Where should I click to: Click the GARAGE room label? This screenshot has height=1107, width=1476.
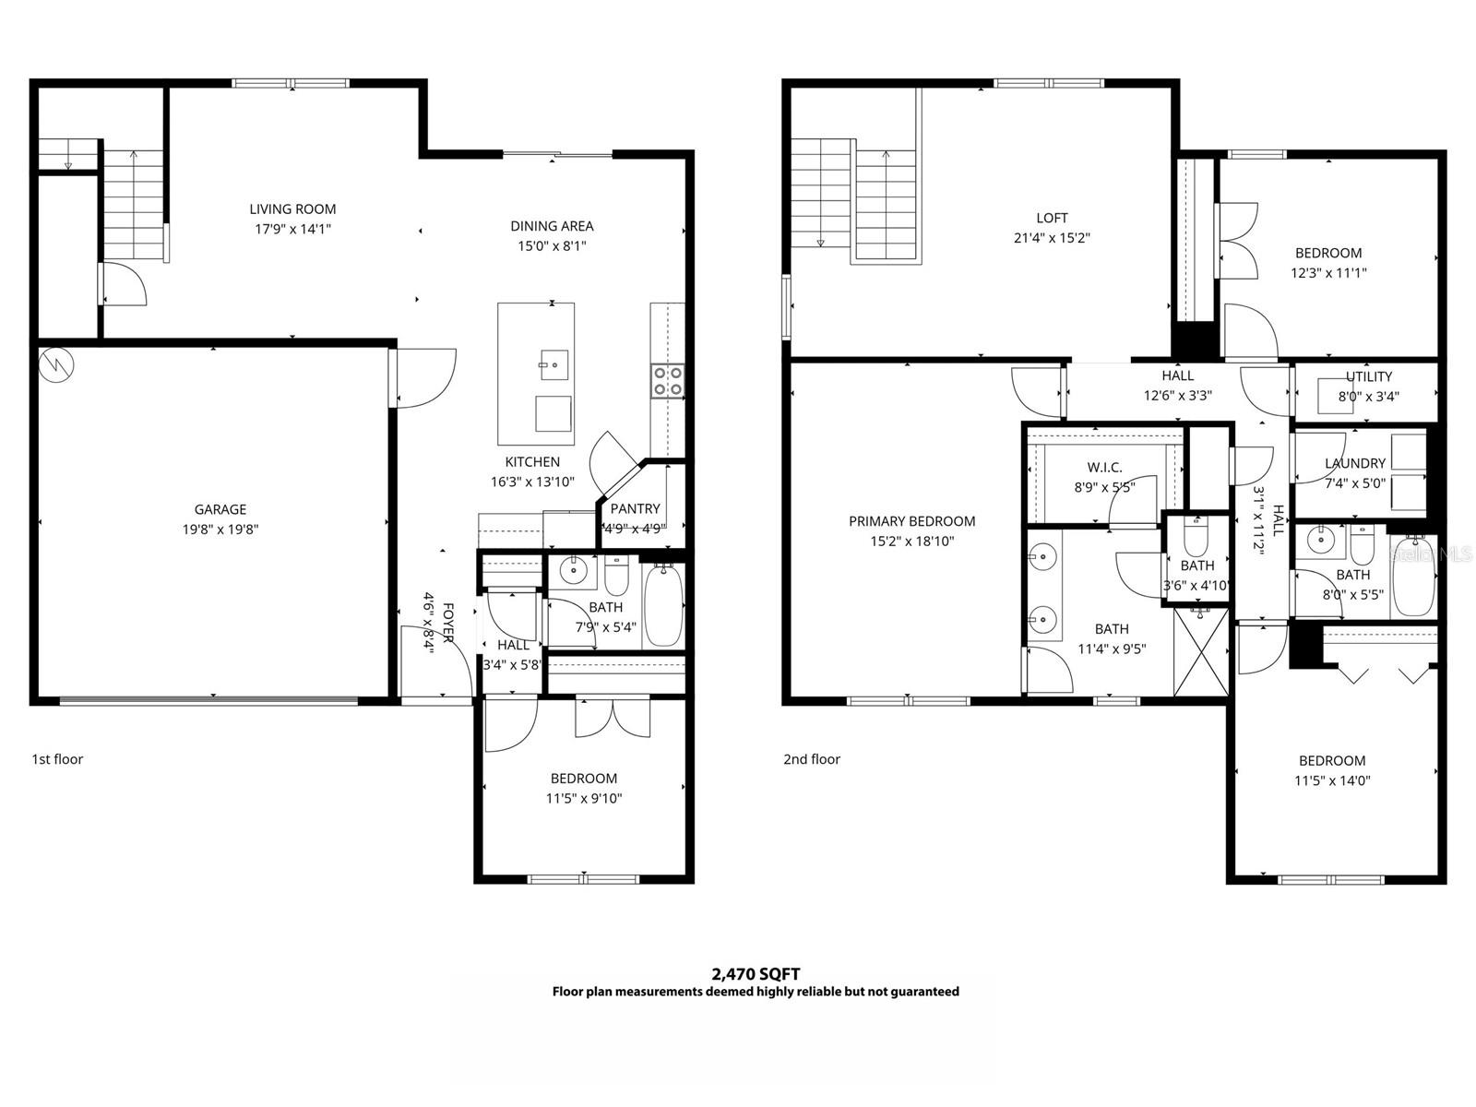click(220, 509)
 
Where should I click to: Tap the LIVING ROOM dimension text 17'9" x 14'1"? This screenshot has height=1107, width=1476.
click(292, 229)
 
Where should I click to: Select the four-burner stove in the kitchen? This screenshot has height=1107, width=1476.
click(668, 381)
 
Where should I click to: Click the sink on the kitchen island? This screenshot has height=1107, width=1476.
click(554, 365)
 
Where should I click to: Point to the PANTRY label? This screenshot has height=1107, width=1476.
click(635, 508)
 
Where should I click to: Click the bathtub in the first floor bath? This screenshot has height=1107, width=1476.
click(662, 606)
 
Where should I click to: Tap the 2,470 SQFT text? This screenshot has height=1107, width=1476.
click(756, 973)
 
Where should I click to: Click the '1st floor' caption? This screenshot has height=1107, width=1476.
click(57, 759)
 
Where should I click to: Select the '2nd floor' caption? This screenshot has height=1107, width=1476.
click(812, 759)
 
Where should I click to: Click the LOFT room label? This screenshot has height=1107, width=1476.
click(1052, 218)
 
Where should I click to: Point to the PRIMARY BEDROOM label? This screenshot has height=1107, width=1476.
click(911, 521)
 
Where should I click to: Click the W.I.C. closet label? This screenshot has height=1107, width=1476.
click(1104, 468)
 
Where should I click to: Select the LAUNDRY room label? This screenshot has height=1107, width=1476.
click(1354, 463)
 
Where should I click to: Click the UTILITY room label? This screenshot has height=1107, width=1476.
click(1368, 376)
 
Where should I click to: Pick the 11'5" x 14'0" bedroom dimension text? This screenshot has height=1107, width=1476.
click(1332, 780)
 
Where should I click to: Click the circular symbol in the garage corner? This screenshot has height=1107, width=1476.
click(57, 365)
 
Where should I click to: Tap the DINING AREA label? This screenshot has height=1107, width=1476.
click(552, 226)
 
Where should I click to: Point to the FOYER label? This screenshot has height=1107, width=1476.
click(448, 624)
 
